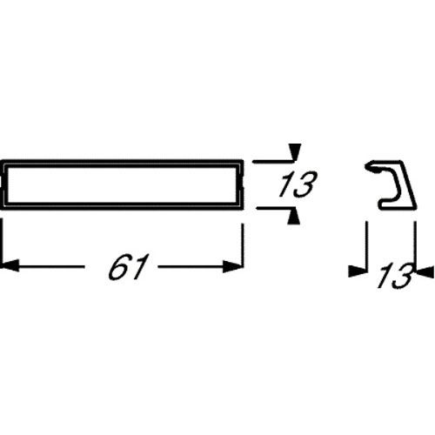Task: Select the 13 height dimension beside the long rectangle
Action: pos(298,184)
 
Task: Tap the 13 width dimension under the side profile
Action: pos(395,275)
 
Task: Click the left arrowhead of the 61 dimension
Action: pos(10,265)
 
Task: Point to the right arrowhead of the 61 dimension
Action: pos(233,266)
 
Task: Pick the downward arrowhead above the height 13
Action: pos(295,152)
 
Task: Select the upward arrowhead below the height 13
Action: pos(294,217)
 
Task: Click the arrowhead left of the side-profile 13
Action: pos(358,271)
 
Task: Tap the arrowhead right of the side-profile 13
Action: pos(425,271)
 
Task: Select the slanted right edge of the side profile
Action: pos(408,184)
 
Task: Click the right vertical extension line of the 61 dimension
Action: pos(243,246)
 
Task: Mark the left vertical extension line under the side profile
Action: pos(367,247)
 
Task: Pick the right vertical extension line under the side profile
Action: pos(415,247)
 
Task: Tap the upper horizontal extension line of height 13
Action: pos(273,161)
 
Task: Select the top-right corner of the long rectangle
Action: pos(243,160)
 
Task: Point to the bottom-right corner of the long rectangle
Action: pos(243,208)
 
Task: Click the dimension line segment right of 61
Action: pos(200,266)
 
